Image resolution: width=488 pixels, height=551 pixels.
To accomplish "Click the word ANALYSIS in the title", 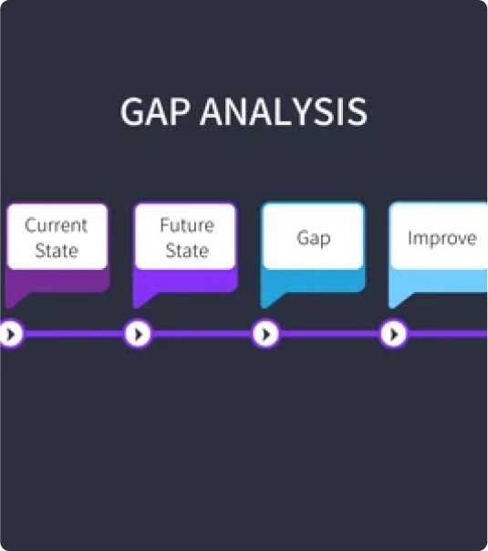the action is (284, 111).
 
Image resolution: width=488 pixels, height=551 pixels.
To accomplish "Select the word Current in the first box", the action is (57, 225).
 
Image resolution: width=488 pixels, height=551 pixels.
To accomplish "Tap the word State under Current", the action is (57, 251).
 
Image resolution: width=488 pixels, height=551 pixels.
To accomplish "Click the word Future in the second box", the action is (187, 225).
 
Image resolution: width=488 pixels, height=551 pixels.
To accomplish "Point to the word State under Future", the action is (187, 251).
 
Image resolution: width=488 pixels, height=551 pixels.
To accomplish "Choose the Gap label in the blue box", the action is (314, 239).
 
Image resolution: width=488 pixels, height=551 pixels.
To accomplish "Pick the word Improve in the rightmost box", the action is (442, 239).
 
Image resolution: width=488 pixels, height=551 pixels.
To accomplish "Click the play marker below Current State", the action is (11, 334).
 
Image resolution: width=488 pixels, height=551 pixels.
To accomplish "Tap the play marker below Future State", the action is (139, 334).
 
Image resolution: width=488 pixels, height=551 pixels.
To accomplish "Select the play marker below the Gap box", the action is (266, 334).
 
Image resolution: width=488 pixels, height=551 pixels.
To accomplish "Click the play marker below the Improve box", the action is (393, 334).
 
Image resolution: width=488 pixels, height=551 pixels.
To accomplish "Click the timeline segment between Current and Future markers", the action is (75, 334).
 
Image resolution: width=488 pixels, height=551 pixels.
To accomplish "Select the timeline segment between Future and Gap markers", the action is (202, 334).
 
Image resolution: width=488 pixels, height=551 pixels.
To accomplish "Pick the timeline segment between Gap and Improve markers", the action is (329, 334).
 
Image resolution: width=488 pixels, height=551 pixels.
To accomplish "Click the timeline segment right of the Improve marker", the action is (447, 334).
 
